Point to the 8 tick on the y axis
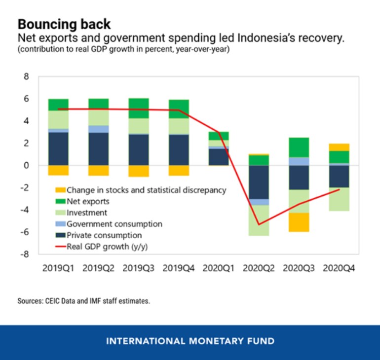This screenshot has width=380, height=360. click(26, 76)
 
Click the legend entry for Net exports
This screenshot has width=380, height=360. click(87, 201)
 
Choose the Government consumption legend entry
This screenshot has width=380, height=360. click(114, 224)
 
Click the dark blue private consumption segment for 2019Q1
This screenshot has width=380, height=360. click(58, 148)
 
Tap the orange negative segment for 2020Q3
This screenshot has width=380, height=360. click(299, 222)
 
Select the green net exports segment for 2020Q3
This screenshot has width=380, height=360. click(299, 147)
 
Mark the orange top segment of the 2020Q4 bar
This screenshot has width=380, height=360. click(340, 147)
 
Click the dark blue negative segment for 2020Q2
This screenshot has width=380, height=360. click(259, 182)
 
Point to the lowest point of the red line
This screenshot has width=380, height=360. click(259, 224)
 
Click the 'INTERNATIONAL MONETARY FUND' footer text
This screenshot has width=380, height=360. click(190, 341)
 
